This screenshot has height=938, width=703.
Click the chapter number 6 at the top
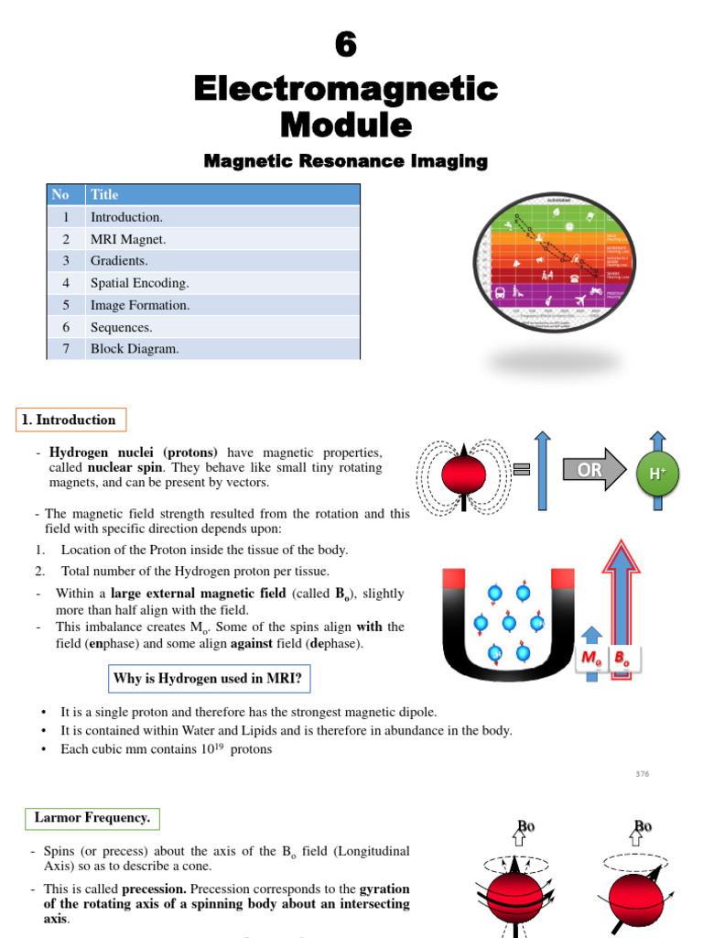345,45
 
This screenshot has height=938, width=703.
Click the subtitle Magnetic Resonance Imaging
345,161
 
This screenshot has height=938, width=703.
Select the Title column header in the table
104,194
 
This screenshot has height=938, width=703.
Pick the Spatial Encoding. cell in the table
139,283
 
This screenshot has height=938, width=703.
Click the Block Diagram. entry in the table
135,349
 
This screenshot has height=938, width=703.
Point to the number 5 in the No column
66,305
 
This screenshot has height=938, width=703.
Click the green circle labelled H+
656,474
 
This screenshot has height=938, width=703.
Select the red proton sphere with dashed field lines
463,474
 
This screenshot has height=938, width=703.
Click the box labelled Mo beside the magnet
590,658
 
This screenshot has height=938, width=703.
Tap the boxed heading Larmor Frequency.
92,817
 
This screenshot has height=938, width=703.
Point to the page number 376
642,774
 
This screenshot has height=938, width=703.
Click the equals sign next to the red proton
522,470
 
